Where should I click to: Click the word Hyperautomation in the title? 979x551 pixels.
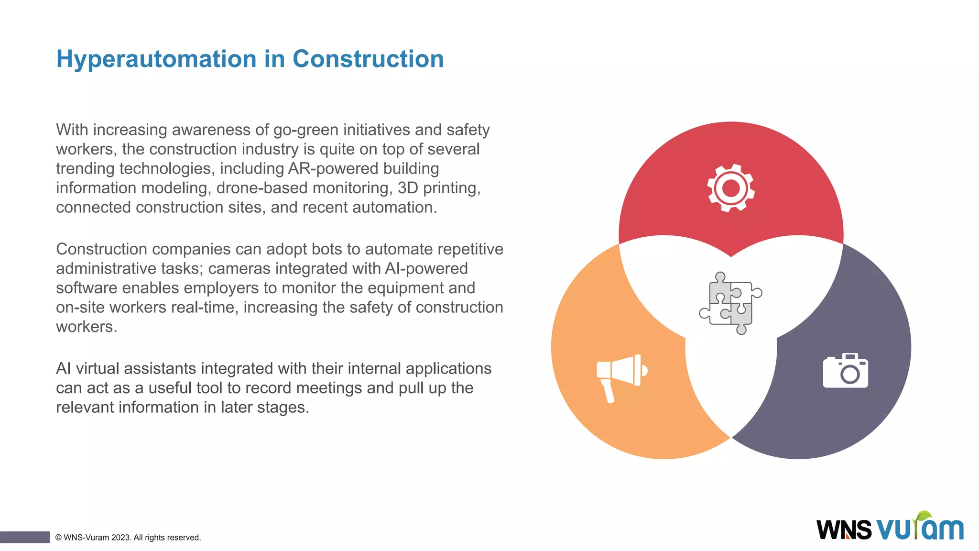pos(156,60)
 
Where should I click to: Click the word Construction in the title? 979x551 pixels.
pos(368,59)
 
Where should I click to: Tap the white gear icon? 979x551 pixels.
pos(731,188)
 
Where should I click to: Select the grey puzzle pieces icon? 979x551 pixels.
pos(730,303)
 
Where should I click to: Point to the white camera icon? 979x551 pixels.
pos(845,371)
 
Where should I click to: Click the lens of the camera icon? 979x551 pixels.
pos(849,375)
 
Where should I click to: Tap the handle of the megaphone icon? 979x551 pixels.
pos(608,392)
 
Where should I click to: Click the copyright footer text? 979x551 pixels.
pos(128,538)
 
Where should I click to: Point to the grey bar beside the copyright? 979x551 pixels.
pos(25,537)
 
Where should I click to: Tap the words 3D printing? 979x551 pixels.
pos(439,188)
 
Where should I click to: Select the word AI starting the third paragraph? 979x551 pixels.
pos(64,369)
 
